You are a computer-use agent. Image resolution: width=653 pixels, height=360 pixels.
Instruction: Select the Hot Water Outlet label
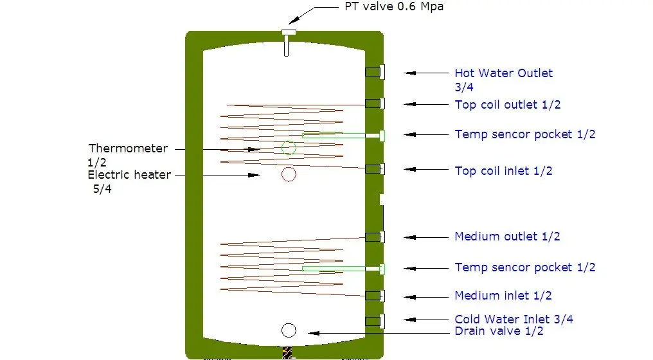coord(503,73)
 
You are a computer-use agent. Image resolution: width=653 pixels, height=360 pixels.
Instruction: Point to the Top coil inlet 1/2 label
coord(503,171)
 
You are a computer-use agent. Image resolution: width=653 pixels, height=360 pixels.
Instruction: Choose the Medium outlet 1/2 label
coord(507,237)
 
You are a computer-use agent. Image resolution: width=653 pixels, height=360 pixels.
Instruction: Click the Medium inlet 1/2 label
coord(503,296)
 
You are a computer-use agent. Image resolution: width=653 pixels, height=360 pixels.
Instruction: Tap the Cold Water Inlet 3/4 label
coord(514,319)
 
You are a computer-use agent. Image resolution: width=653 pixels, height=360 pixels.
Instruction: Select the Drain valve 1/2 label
coord(499,331)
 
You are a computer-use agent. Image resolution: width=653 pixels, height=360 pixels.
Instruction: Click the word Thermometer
coord(128,148)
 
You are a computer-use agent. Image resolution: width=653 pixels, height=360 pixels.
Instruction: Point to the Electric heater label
coord(129,174)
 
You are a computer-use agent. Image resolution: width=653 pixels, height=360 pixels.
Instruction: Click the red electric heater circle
coord(289,174)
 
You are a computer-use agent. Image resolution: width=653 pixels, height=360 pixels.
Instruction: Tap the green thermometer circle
coord(289,148)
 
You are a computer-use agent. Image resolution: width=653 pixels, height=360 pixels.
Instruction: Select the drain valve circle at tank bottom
coord(289,330)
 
